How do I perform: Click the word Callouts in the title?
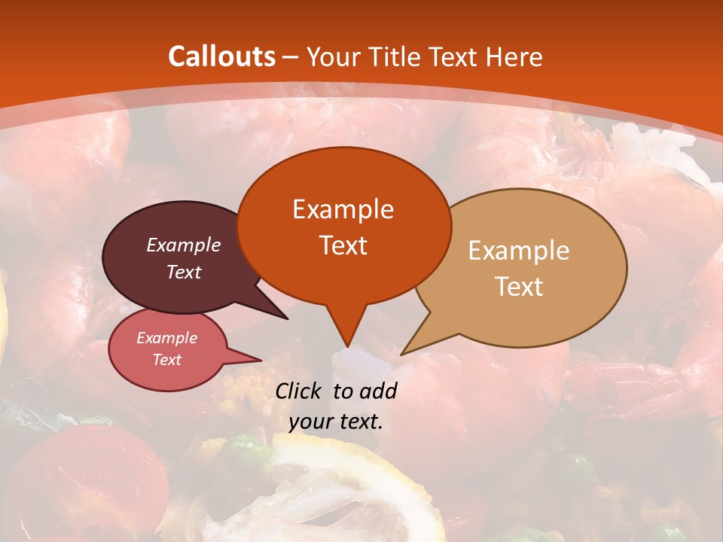click(x=221, y=56)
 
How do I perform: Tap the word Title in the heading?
click(x=398, y=56)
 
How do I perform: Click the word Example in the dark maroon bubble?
click(x=183, y=245)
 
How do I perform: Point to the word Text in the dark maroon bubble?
click(x=183, y=272)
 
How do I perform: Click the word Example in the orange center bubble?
click(x=343, y=209)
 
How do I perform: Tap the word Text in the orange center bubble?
click(x=343, y=245)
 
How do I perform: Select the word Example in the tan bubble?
click(x=519, y=250)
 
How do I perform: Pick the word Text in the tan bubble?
click(x=519, y=286)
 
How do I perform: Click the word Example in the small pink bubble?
click(x=166, y=338)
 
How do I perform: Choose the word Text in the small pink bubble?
click(x=166, y=360)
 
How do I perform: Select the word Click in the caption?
click(x=299, y=391)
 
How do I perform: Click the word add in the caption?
click(x=378, y=391)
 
